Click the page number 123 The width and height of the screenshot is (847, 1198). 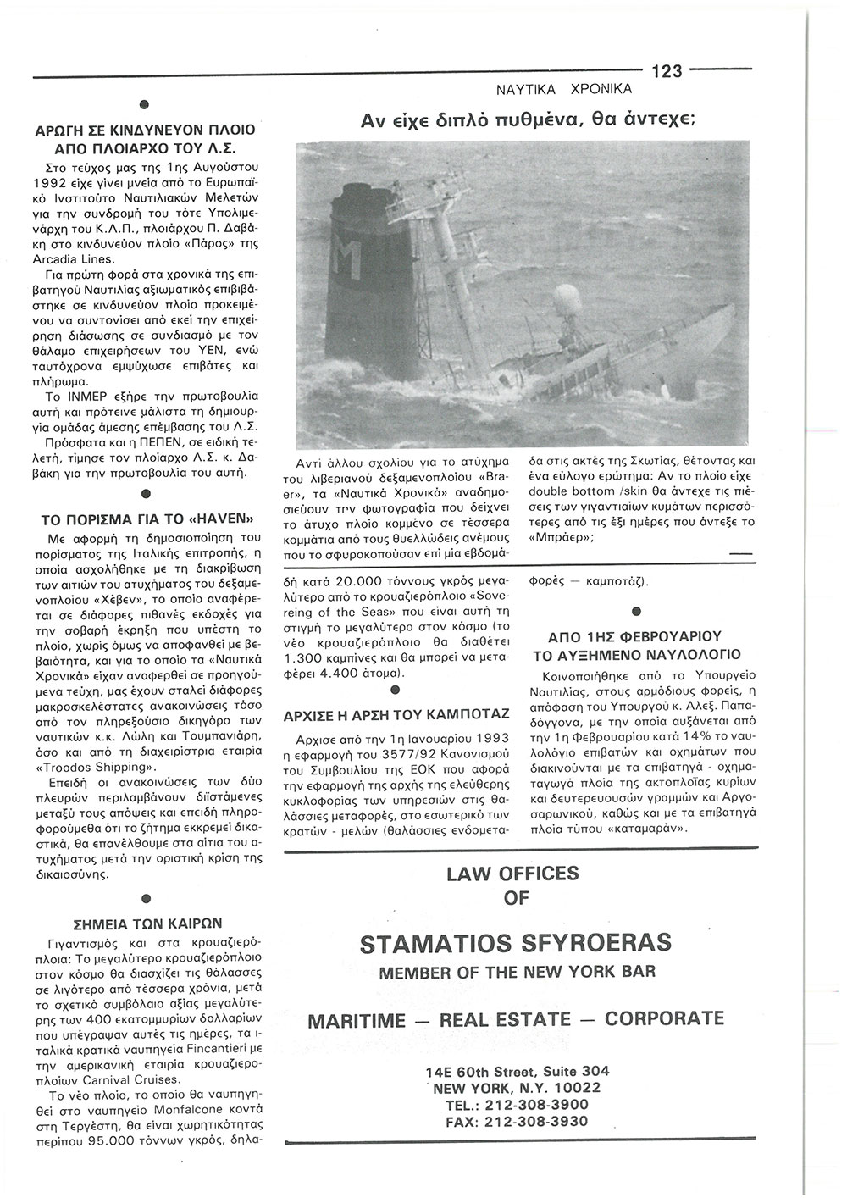pos(667,71)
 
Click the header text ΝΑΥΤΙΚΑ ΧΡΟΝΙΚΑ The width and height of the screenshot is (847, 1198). pos(563,88)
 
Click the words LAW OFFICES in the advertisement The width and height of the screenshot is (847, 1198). pos(513,874)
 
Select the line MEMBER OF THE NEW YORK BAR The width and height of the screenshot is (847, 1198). pos(517,971)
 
